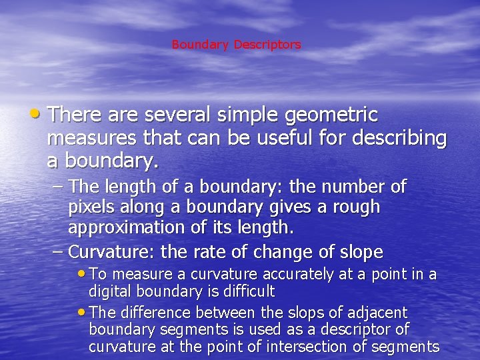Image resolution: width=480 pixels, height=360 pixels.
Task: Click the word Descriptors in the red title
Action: pyautogui.click(x=267, y=45)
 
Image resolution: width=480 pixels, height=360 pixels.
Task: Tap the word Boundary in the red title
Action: pyautogui.click(x=200, y=45)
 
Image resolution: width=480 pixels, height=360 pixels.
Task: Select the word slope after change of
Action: pyautogui.click(x=361, y=252)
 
